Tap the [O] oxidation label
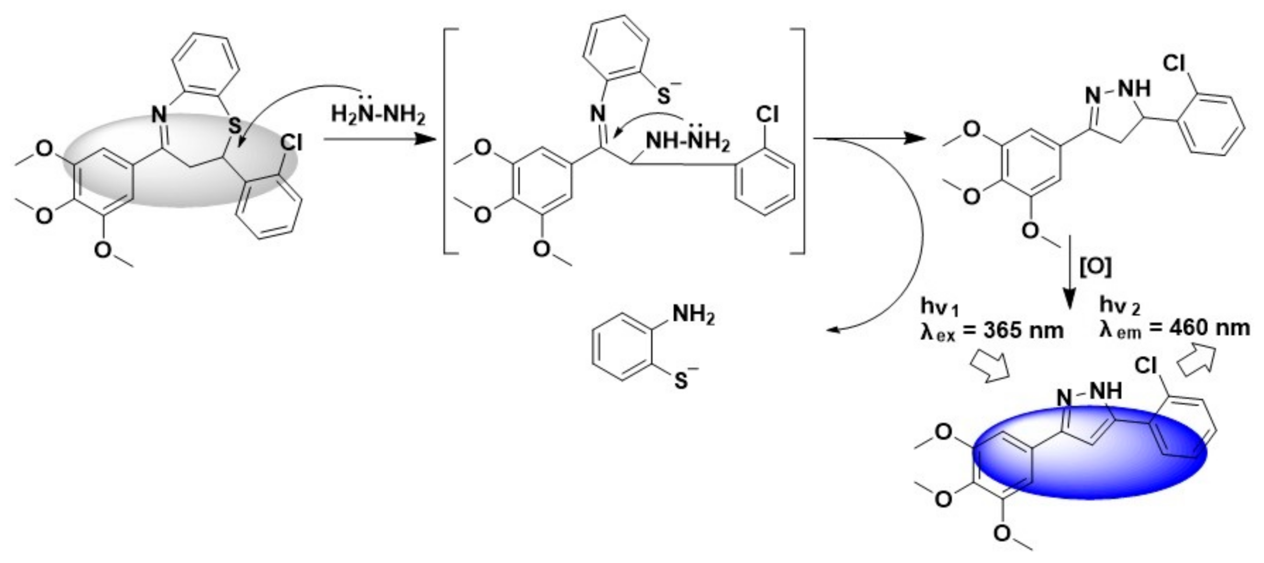(x=1096, y=266)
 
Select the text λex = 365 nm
(x=991, y=330)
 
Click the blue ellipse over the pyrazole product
(x=1090, y=452)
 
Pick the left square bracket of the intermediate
(x=449, y=140)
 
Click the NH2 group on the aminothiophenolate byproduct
(x=693, y=315)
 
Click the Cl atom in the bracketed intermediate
(x=767, y=115)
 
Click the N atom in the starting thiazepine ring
(x=159, y=114)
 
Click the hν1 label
(x=939, y=307)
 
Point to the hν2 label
(x=1119, y=305)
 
